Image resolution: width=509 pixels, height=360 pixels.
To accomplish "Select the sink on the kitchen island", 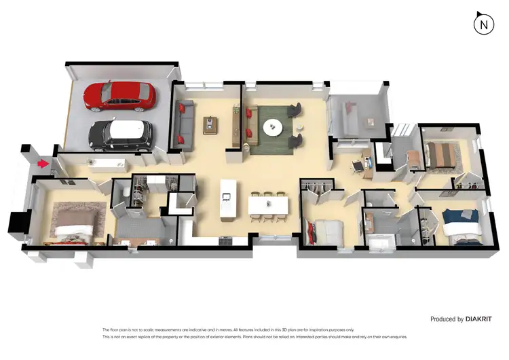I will pyautogui.click(x=226, y=198).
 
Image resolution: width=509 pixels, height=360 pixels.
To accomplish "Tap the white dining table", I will pyautogui.click(x=269, y=204).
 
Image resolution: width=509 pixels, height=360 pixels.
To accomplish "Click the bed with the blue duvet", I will pyautogui.click(x=461, y=224).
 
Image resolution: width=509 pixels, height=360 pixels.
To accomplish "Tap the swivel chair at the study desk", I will pyautogui.click(x=358, y=166).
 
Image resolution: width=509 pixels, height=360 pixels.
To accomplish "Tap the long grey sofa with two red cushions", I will pyautogui.click(x=183, y=122).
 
